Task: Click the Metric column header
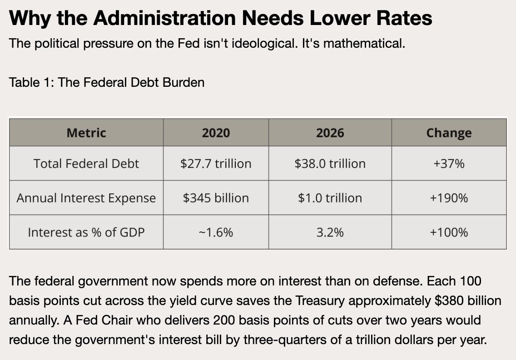[86, 133]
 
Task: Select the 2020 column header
[216, 133]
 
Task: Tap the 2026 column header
[330, 133]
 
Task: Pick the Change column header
[449, 133]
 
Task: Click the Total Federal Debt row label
[86, 164]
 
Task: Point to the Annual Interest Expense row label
[86, 198]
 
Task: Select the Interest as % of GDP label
[86, 233]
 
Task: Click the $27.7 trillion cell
[216, 164]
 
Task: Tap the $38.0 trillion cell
[330, 164]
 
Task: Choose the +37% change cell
[449, 164]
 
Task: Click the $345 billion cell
[216, 198]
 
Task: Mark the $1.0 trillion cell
[330, 198]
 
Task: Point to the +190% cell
[449, 198]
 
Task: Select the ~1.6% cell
[216, 233]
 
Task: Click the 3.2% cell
[330, 233]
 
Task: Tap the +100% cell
[449, 233]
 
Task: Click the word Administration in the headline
[164, 18]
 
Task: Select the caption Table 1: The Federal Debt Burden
[106, 82]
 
